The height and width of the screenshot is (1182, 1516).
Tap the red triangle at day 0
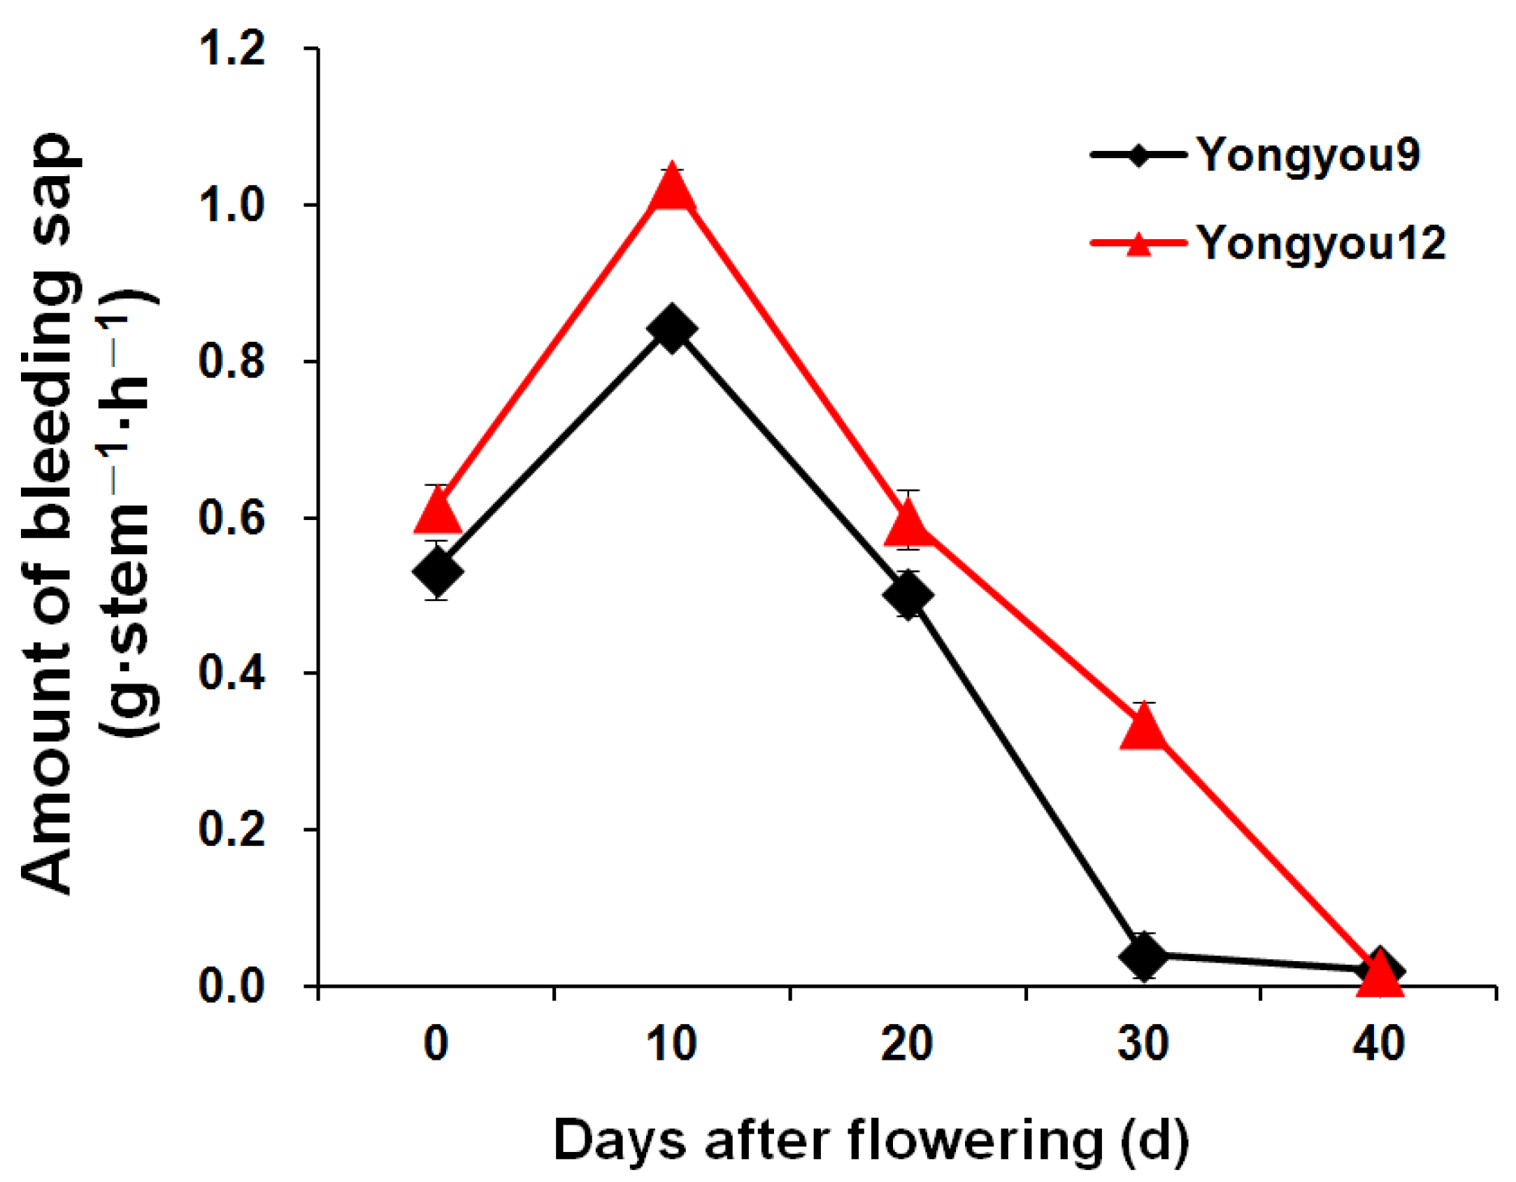click(x=437, y=510)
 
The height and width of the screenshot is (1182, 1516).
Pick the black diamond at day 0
click(x=437, y=571)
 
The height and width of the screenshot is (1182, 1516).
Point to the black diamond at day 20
click(x=908, y=596)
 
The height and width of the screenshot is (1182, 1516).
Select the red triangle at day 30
click(x=1143, y=726)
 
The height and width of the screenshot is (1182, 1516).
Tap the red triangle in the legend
click(x=1139, y=243)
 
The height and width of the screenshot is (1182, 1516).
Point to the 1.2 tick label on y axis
click(x=232, y=49)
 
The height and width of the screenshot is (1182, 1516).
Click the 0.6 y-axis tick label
click(x=232, y=518)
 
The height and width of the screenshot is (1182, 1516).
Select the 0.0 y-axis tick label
click(x=232, y=986)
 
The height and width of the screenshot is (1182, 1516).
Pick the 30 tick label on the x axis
click(x=1143, y=1044)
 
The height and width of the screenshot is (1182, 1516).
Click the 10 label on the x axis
click(x=671, y=1044)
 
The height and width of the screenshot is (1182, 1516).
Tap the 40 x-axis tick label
click(x=1379, y=1044)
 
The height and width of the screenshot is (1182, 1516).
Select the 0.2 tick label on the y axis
click(x=232, y=830)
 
